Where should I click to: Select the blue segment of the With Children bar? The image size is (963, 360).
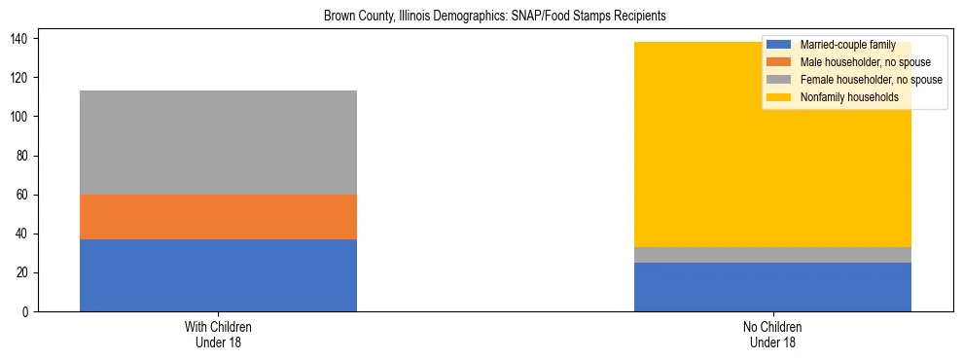coord(218,275)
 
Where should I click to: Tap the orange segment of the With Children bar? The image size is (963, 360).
coord(218,217)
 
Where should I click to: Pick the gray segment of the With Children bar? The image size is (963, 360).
coord(218,142)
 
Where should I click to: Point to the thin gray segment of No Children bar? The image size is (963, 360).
coord(772,255)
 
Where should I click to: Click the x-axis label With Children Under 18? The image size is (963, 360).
coord(218,334)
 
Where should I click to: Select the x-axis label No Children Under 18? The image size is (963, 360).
coord(772,334)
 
